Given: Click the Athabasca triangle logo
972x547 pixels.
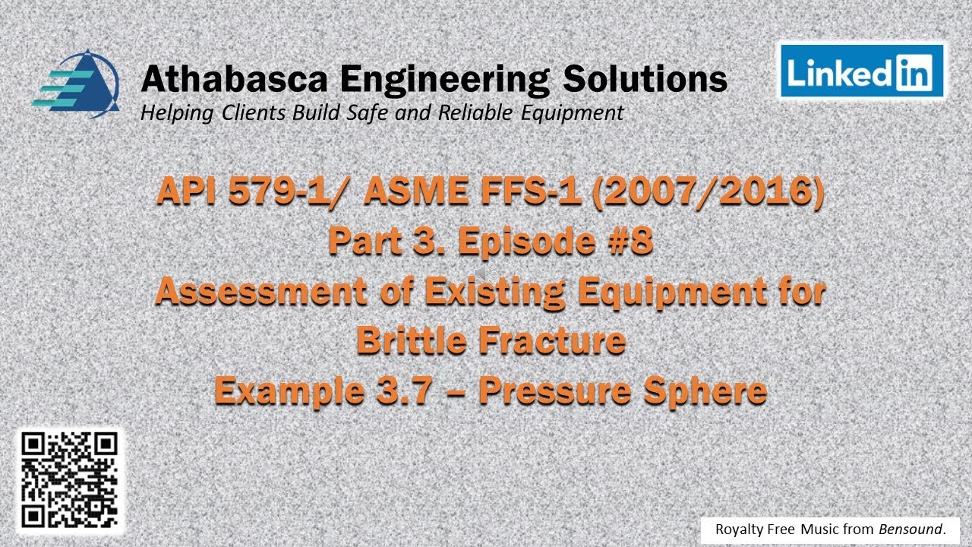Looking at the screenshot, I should coord(77,84).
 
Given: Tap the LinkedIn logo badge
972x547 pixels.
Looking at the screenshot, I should coord(862,71).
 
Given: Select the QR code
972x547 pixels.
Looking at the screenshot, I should coord(69,480).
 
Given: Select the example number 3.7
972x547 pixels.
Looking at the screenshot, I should coord(423,391).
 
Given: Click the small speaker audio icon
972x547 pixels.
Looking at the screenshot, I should coord(483,271).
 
